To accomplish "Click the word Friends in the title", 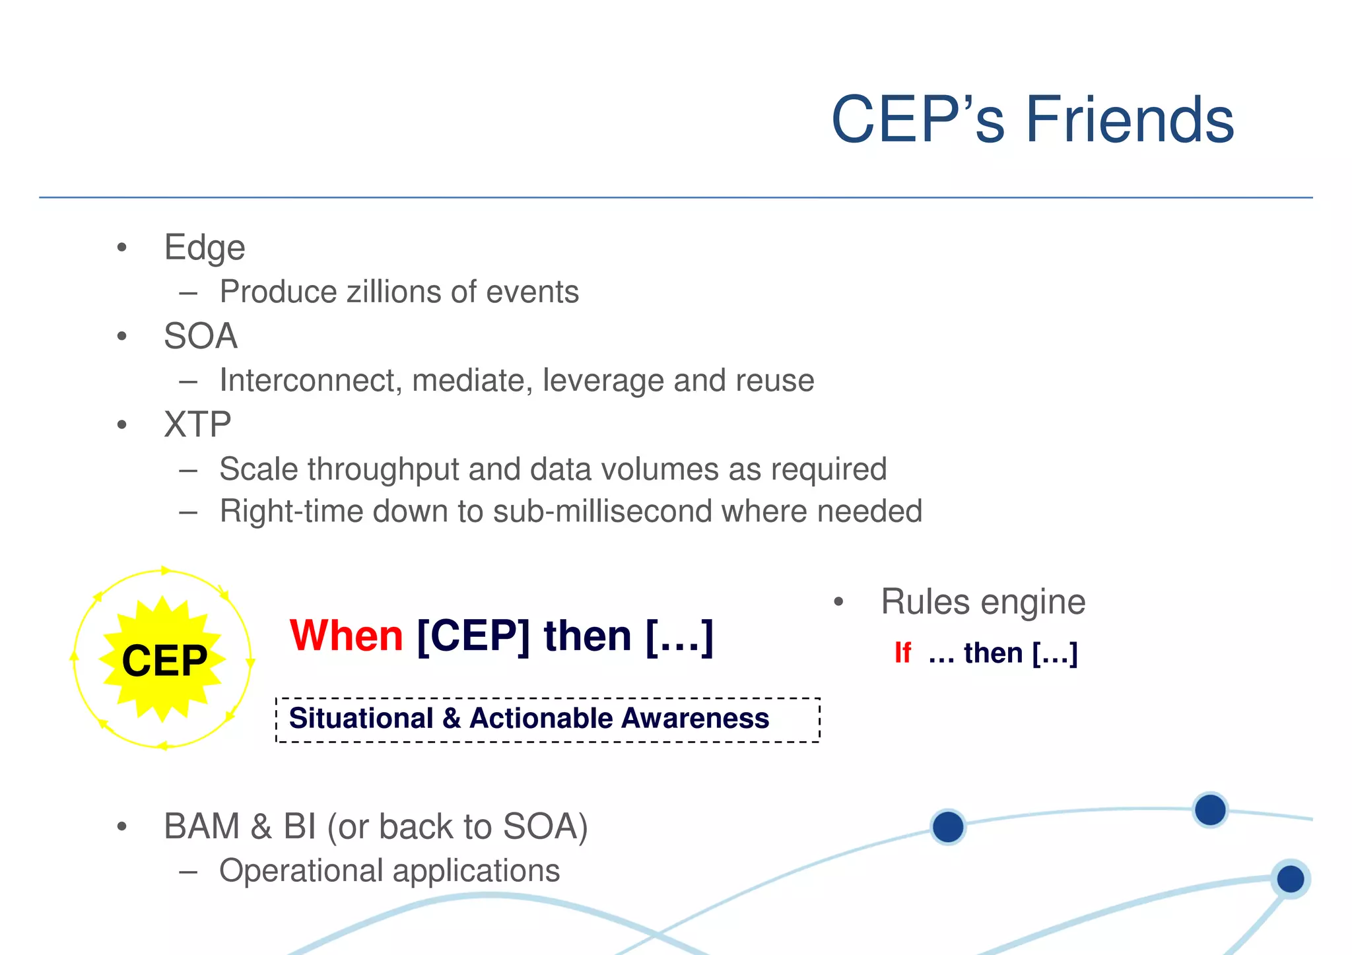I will (x=1129, y=120).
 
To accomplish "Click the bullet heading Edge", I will (x=205, y=248).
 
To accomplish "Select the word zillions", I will (x=393, y=292).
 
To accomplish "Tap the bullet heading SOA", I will (x=201, y=336).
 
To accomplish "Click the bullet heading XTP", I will (x=197, y=424).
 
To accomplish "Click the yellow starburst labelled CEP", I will (x=163, y=659).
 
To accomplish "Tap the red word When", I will (x=346, y=636).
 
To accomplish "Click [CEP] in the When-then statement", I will (x=473, y=636).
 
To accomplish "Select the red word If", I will (x=902, y=653).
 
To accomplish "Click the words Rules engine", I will (x=983, y=602).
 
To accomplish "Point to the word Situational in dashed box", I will (x=361, y=718).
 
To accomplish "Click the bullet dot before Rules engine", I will (x=838, y=602).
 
